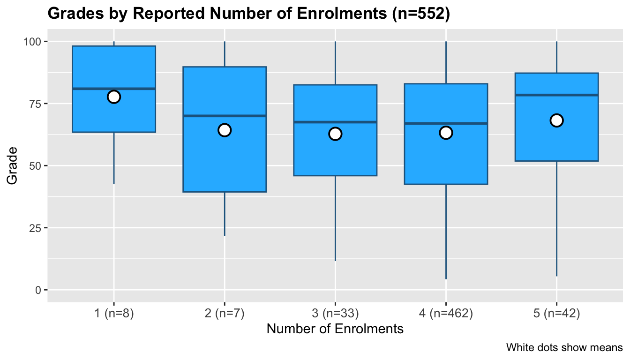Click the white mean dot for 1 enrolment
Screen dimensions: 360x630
tap(114, 97)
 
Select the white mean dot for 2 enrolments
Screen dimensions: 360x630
tap(225, 130)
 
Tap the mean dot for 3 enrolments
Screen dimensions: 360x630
tap(335, 134)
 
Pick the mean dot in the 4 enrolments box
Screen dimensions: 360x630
tap(446, 133)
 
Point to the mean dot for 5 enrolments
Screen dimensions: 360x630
tap(556, 120)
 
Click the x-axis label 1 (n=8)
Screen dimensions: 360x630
tap(114, 314)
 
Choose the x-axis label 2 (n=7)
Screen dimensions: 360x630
tap(225, 314)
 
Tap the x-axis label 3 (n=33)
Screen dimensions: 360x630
tap(335, 314)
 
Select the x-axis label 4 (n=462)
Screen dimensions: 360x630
tap(446, 314)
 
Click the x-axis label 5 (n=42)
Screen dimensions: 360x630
tap(556, 314)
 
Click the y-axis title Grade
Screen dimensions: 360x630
tap(13, 165)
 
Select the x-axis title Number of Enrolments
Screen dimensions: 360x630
tap(335, 329)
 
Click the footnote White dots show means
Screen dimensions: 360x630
tap(564, 348)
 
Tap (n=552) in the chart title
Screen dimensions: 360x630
tap(420, 15)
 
